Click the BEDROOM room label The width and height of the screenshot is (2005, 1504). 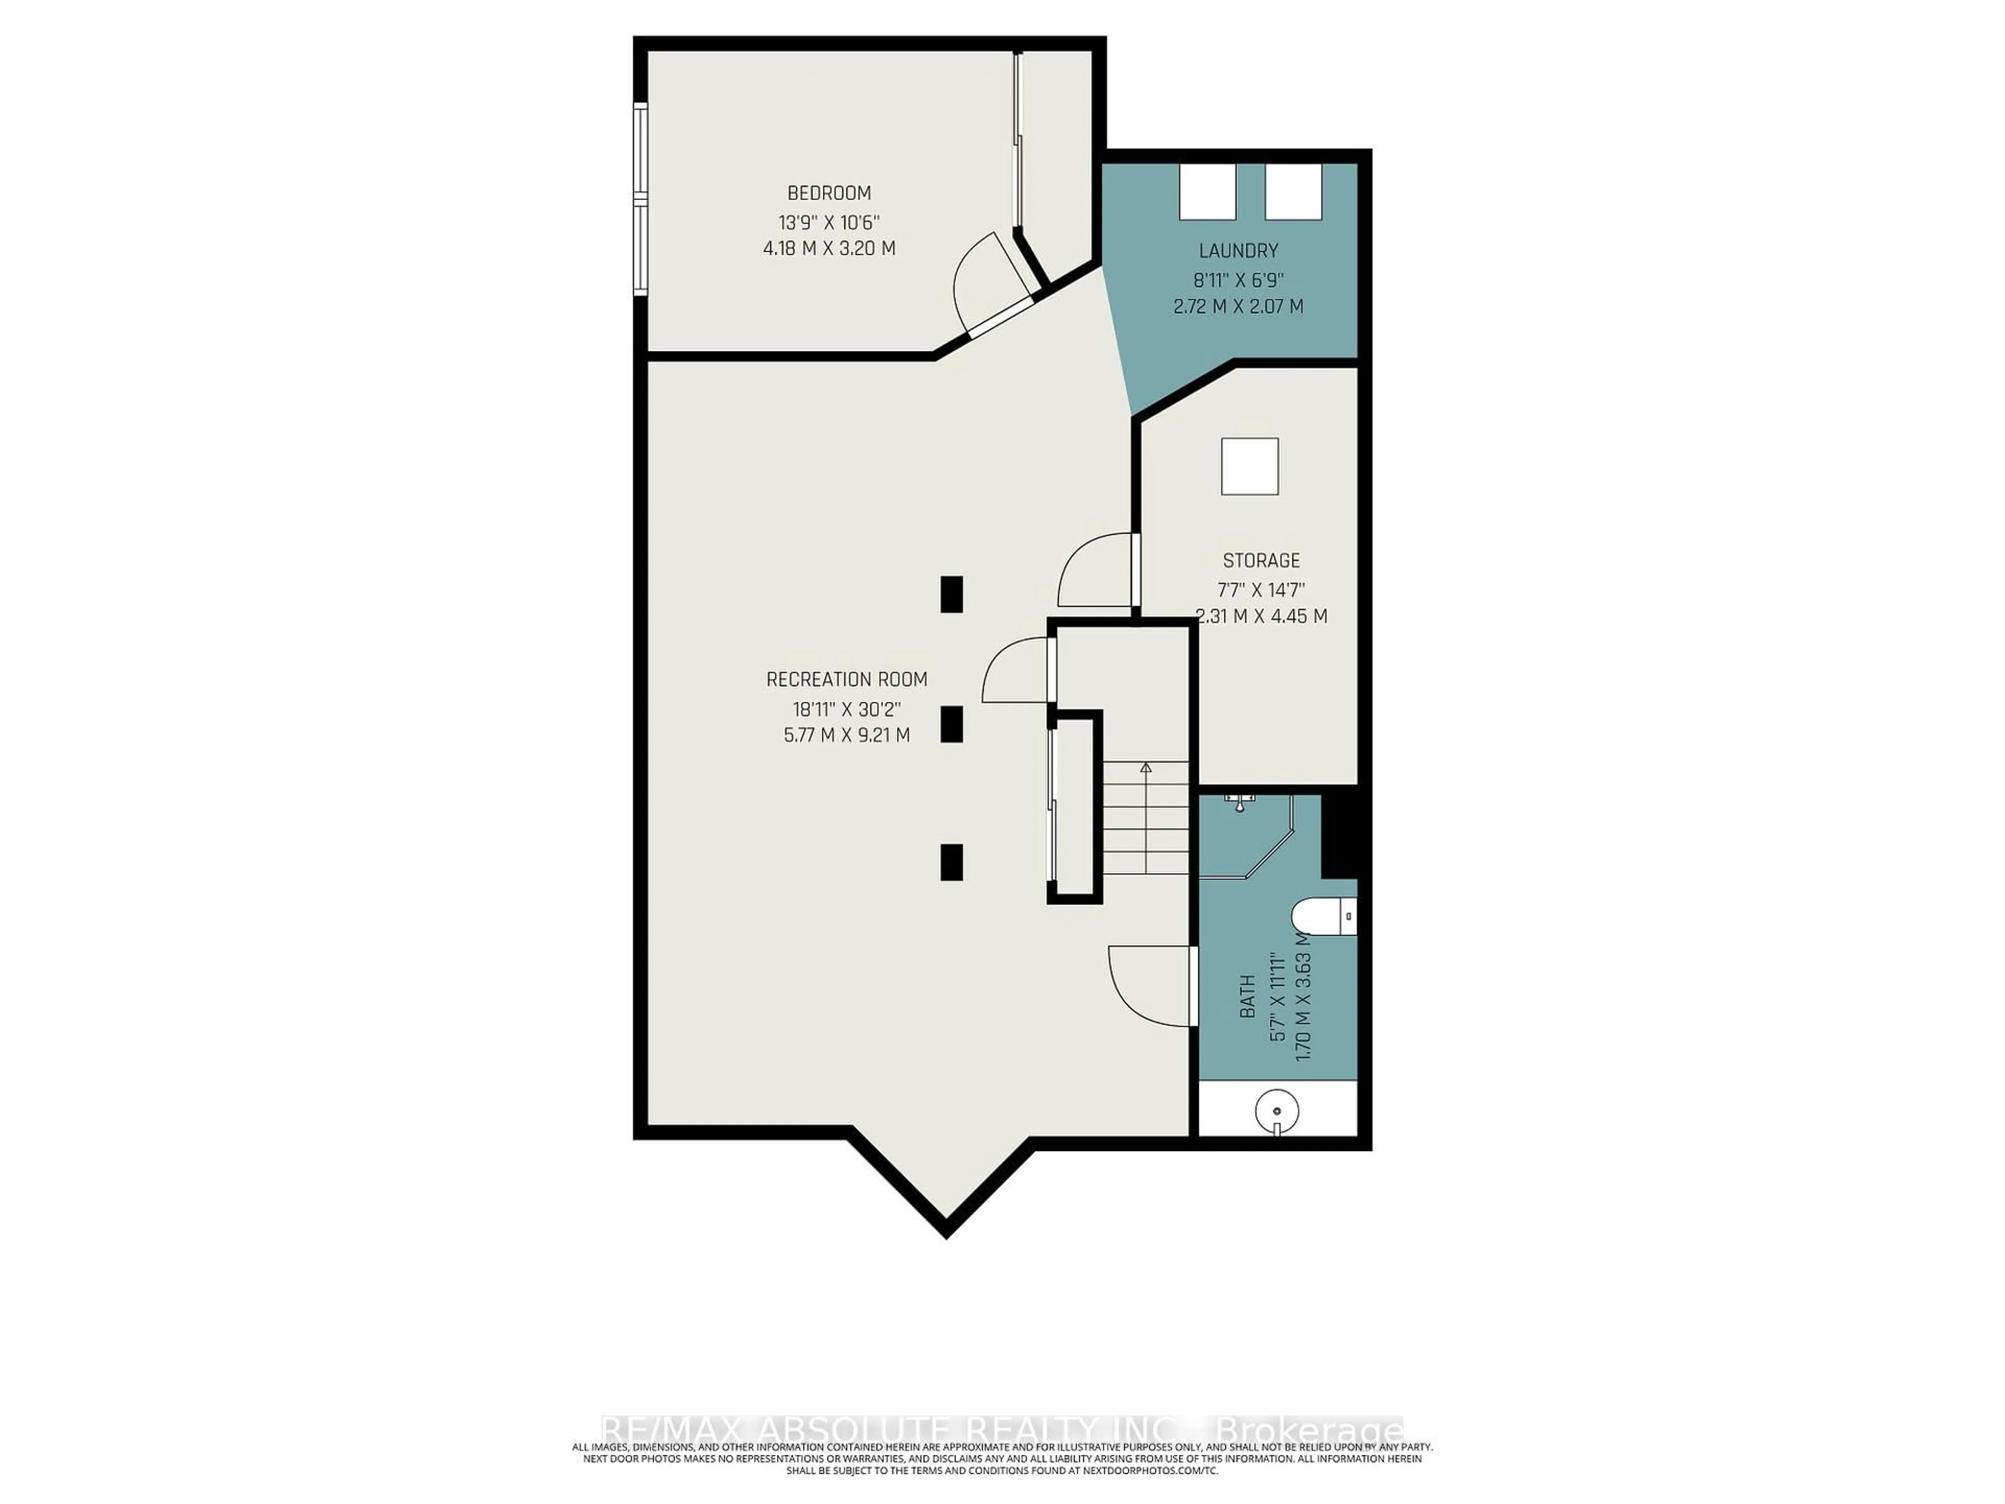coord(829,193)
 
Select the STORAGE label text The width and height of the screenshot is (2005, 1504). coord(1261,560)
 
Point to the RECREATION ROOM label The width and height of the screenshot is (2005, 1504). coord(846,679)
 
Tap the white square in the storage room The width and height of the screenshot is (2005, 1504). coord(1250,466)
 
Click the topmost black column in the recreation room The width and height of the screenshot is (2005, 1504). coord(951,595)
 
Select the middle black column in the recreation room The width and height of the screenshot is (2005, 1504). coord(951,724)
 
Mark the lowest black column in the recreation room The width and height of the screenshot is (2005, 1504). coord(951,862)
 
